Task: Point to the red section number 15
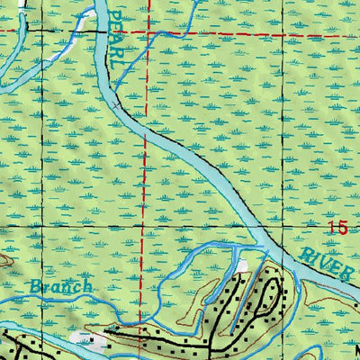[x=337, y=229]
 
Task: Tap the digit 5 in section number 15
[x=343, y=229]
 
